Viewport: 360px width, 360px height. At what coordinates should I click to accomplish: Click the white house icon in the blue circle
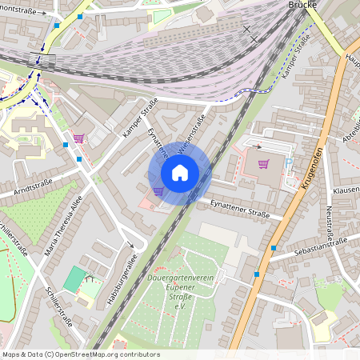point(180,173)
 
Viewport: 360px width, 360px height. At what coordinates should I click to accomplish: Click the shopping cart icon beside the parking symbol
point(264,164)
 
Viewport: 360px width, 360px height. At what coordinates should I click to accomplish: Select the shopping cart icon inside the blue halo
point(158,190)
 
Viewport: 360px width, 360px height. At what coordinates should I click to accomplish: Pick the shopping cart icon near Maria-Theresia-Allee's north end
point(78,138)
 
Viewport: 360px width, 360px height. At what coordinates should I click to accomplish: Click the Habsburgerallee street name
point(122,280)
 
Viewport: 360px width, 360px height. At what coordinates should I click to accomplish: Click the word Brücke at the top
point(305,4)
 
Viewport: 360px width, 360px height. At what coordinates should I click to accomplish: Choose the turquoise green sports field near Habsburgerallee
point(74,279)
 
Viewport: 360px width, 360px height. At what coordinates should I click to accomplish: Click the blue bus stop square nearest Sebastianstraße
point(274,249)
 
